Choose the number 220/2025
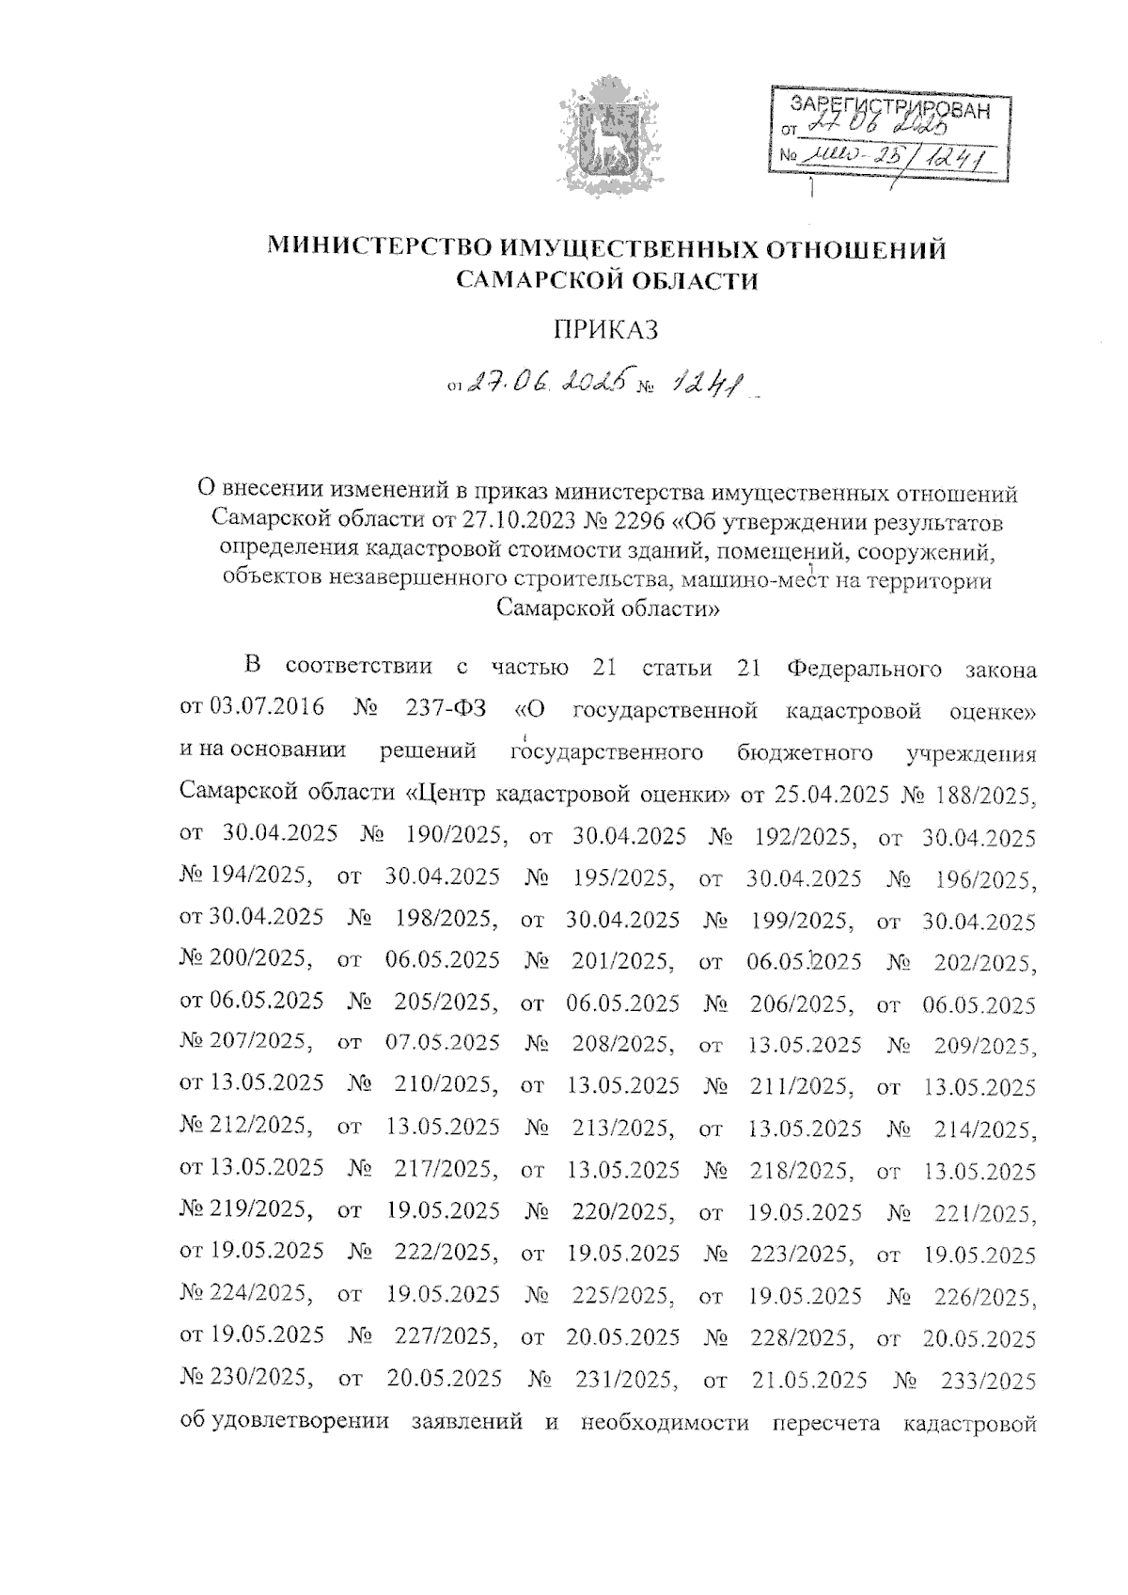coord(622,1213)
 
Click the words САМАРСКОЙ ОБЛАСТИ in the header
coord(605,279)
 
